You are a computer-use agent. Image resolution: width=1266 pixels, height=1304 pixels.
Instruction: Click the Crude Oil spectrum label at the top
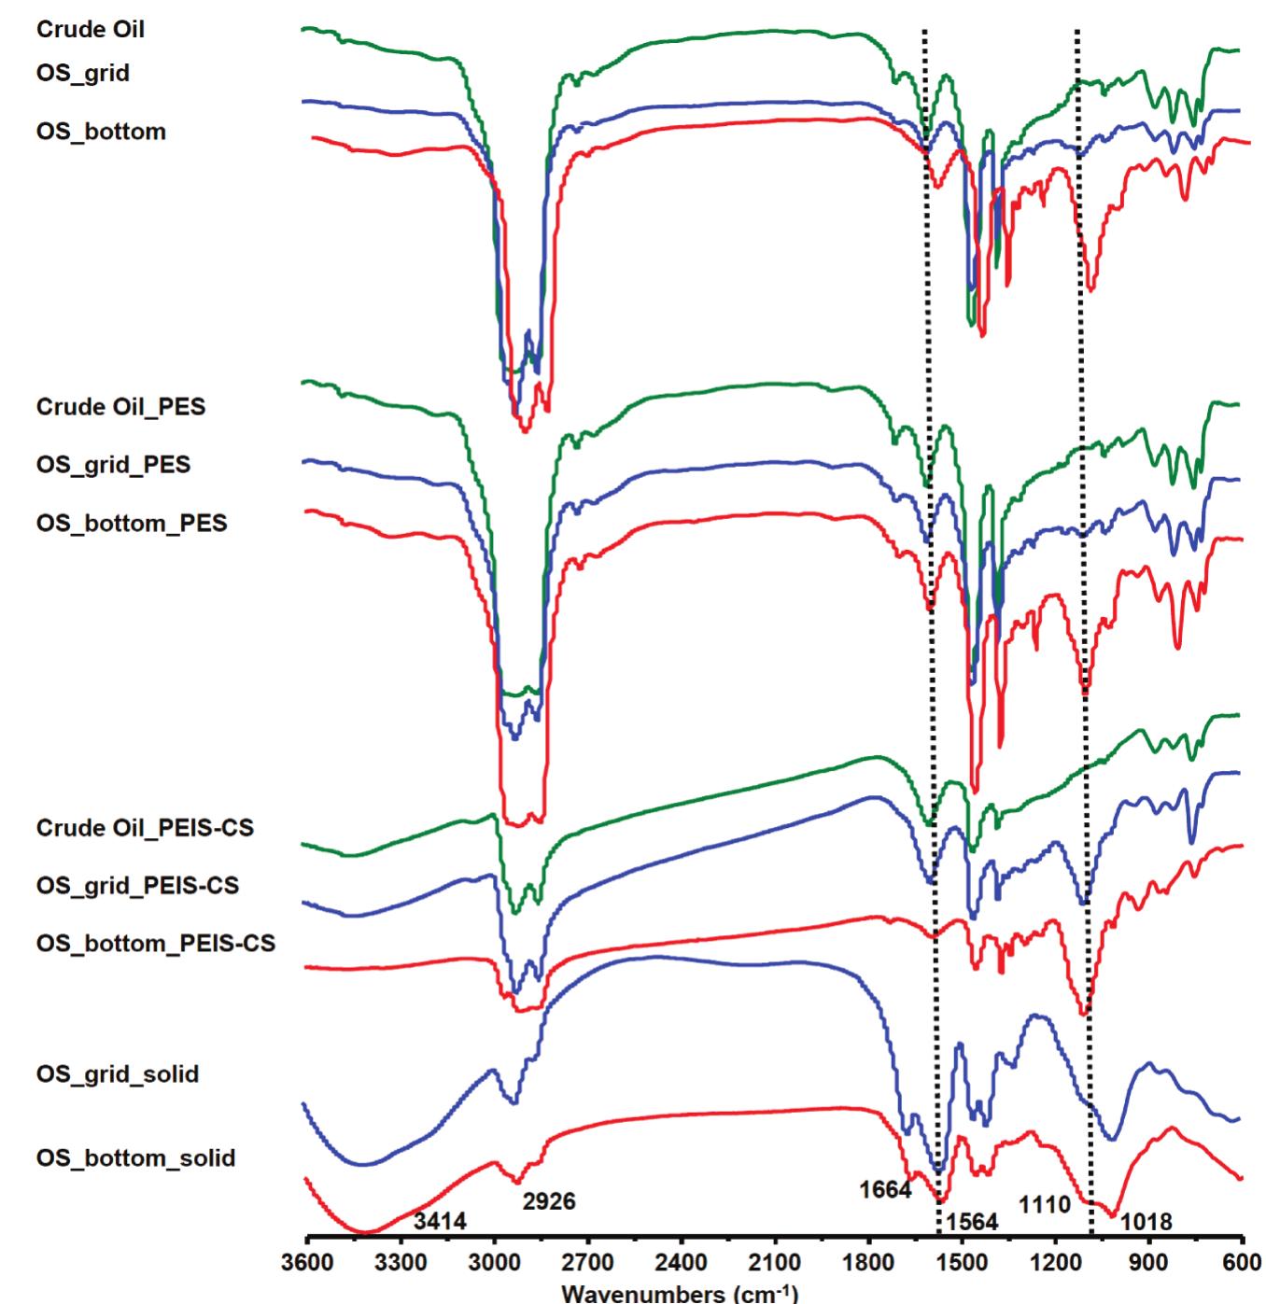click(x=91, y=30)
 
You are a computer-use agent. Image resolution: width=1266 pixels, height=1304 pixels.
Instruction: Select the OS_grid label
click(x=83, y=73)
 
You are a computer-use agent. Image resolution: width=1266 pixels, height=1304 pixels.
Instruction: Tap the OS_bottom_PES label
click(x=132, y=523)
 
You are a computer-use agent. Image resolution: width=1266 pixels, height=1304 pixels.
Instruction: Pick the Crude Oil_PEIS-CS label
click(x=145, y=828)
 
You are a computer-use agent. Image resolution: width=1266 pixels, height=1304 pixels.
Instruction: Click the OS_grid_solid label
click(x=118, y=1074)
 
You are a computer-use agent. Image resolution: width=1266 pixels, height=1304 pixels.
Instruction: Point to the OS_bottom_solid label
click(x=135, y=1158)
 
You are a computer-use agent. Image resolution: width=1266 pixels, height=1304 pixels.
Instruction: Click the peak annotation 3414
click(x=440, y=1221)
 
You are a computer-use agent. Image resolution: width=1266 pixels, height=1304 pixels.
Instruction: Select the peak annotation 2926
click(x=549, y=1201)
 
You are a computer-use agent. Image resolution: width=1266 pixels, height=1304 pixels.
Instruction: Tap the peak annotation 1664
click(x=884, y=1189)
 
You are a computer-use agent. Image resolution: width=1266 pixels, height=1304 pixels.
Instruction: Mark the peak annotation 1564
click(x=972, y=1222)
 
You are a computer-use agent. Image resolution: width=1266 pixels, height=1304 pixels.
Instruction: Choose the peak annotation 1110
click(x=1044, y=1205)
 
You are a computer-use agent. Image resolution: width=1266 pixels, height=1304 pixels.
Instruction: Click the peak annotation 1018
click(x=1146, y=1222)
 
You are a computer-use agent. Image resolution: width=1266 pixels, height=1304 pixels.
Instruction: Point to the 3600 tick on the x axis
click(x=306, y=1263)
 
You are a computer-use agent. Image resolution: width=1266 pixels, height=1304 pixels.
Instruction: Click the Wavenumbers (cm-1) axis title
click(x=680, y=1293)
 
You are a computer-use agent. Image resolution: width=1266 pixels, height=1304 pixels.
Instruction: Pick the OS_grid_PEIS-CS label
click(x=137, y=885)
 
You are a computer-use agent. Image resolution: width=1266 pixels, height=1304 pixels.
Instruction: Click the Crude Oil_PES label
click(x=120, y=407)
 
